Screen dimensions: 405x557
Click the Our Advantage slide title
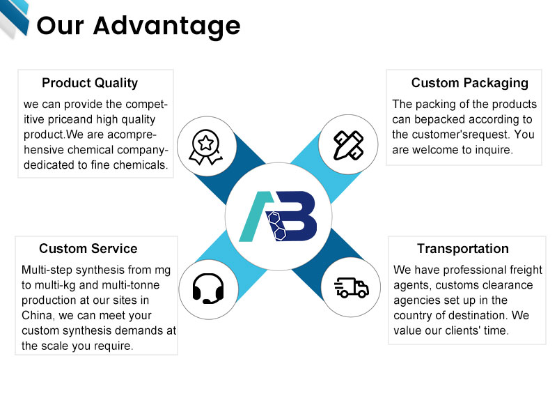(x=139, y=26)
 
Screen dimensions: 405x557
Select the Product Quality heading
(x=90, y=83)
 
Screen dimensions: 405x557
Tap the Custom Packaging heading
(x=469, y=83)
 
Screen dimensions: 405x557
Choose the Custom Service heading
(x=88, y=249)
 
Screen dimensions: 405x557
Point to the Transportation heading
(x=462, y=249)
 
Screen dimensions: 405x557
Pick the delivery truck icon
(x=351, y=286)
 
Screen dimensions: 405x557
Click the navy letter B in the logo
(x=296, y=216)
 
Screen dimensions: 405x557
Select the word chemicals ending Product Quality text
(x=143, y=165)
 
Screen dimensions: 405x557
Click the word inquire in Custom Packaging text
(x=492, y=149)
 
